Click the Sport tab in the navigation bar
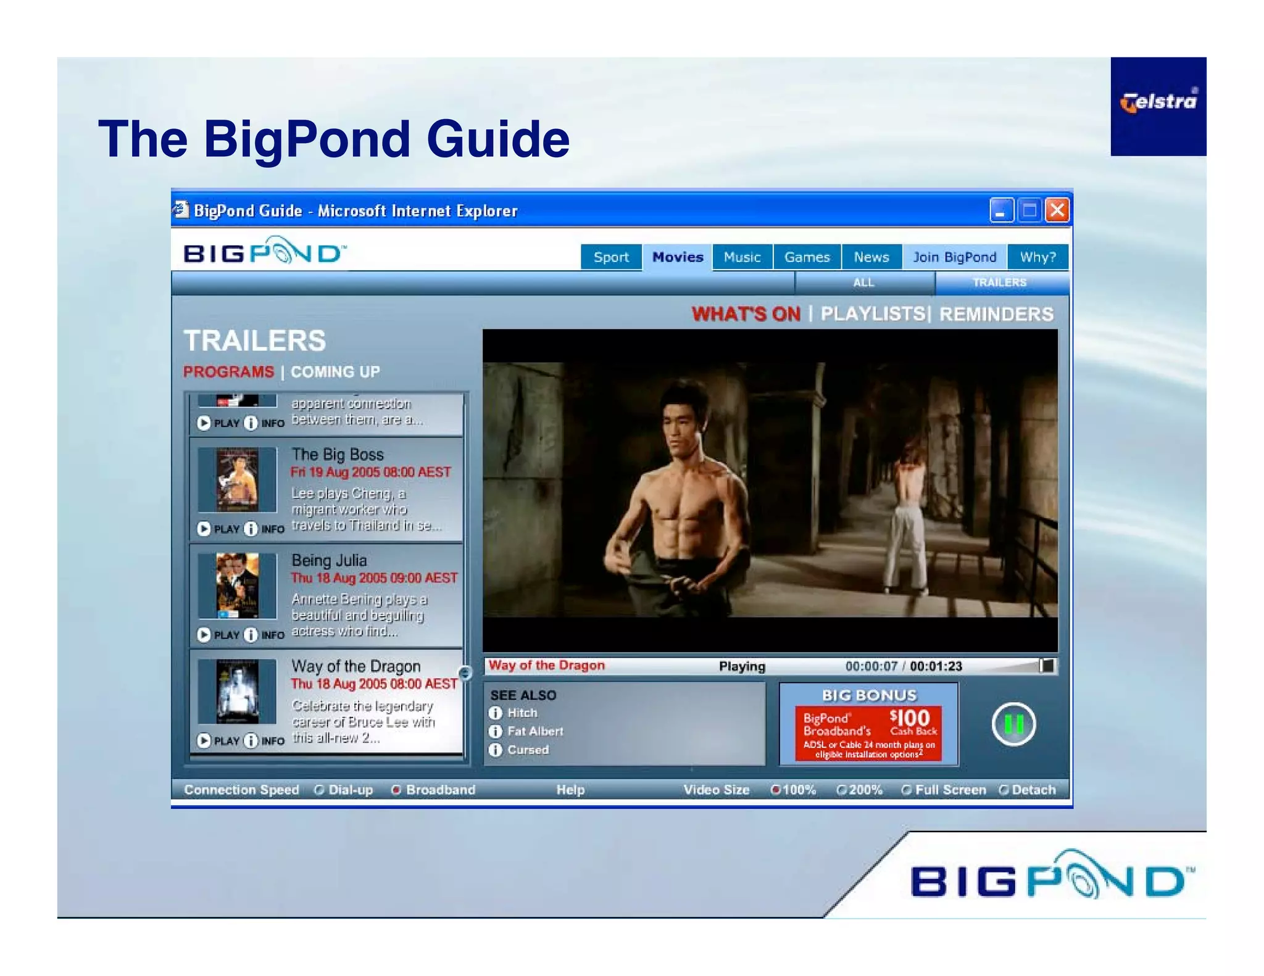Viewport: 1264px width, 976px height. click(x=611, y=257)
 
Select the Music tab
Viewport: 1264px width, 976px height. click(x=742, y=257)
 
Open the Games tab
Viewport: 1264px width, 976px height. click(x=807, y=257)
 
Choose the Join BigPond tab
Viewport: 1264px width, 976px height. click(x=954, y=257)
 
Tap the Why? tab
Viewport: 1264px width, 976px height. click(x=1037, y=257)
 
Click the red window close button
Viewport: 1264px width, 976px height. click(x=1057, y=210)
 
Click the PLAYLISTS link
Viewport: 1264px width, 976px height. click(x=873, y=314)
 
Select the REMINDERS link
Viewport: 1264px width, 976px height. click(x=996, y=314)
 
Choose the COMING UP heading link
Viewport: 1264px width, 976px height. click(x=335, y=372)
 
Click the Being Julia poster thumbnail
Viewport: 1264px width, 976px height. click(x=238, y=585)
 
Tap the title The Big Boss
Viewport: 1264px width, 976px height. click(x=338, y=455)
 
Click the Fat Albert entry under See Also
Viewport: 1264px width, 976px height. click(x=535, y=731)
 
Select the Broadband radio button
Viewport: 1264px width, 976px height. click(x=396, y=790)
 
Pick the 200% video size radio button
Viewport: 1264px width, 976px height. click(x=841, y=790)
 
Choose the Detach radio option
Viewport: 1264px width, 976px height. click(x=1004, y=790)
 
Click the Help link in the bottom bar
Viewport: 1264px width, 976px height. click(x=570, y=790)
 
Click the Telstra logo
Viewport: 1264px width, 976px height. click(x=1158, y=102)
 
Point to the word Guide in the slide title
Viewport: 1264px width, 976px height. click(x=497, y=139)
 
